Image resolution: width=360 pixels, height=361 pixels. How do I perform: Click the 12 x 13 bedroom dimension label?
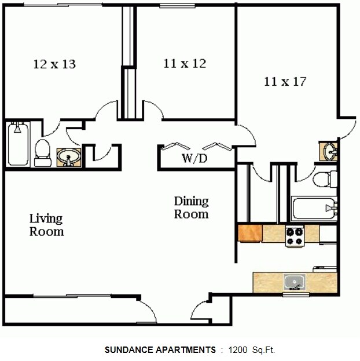(54, 64)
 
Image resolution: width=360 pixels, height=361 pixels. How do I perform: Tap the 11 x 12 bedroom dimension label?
(185, 63)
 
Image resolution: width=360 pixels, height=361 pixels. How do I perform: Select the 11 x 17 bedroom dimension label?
(285, 81)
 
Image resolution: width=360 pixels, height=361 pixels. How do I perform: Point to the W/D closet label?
(194, 158)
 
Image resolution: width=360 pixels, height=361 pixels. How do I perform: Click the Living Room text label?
(46, 225)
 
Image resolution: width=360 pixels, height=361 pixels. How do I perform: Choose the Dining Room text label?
(191, 207)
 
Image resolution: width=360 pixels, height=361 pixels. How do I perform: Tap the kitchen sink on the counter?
(294, 283)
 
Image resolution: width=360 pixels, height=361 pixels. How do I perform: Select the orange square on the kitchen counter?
(250, 233)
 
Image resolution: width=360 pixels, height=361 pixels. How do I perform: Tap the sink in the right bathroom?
(329, 152)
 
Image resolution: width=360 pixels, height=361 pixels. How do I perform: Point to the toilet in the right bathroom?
(324, 179)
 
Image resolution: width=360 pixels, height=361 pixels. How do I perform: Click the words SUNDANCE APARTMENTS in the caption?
(160, 350)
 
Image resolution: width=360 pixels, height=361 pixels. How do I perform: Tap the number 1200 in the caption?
(238, 350)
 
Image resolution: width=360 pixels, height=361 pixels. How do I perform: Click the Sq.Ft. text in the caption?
(264, 350)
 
